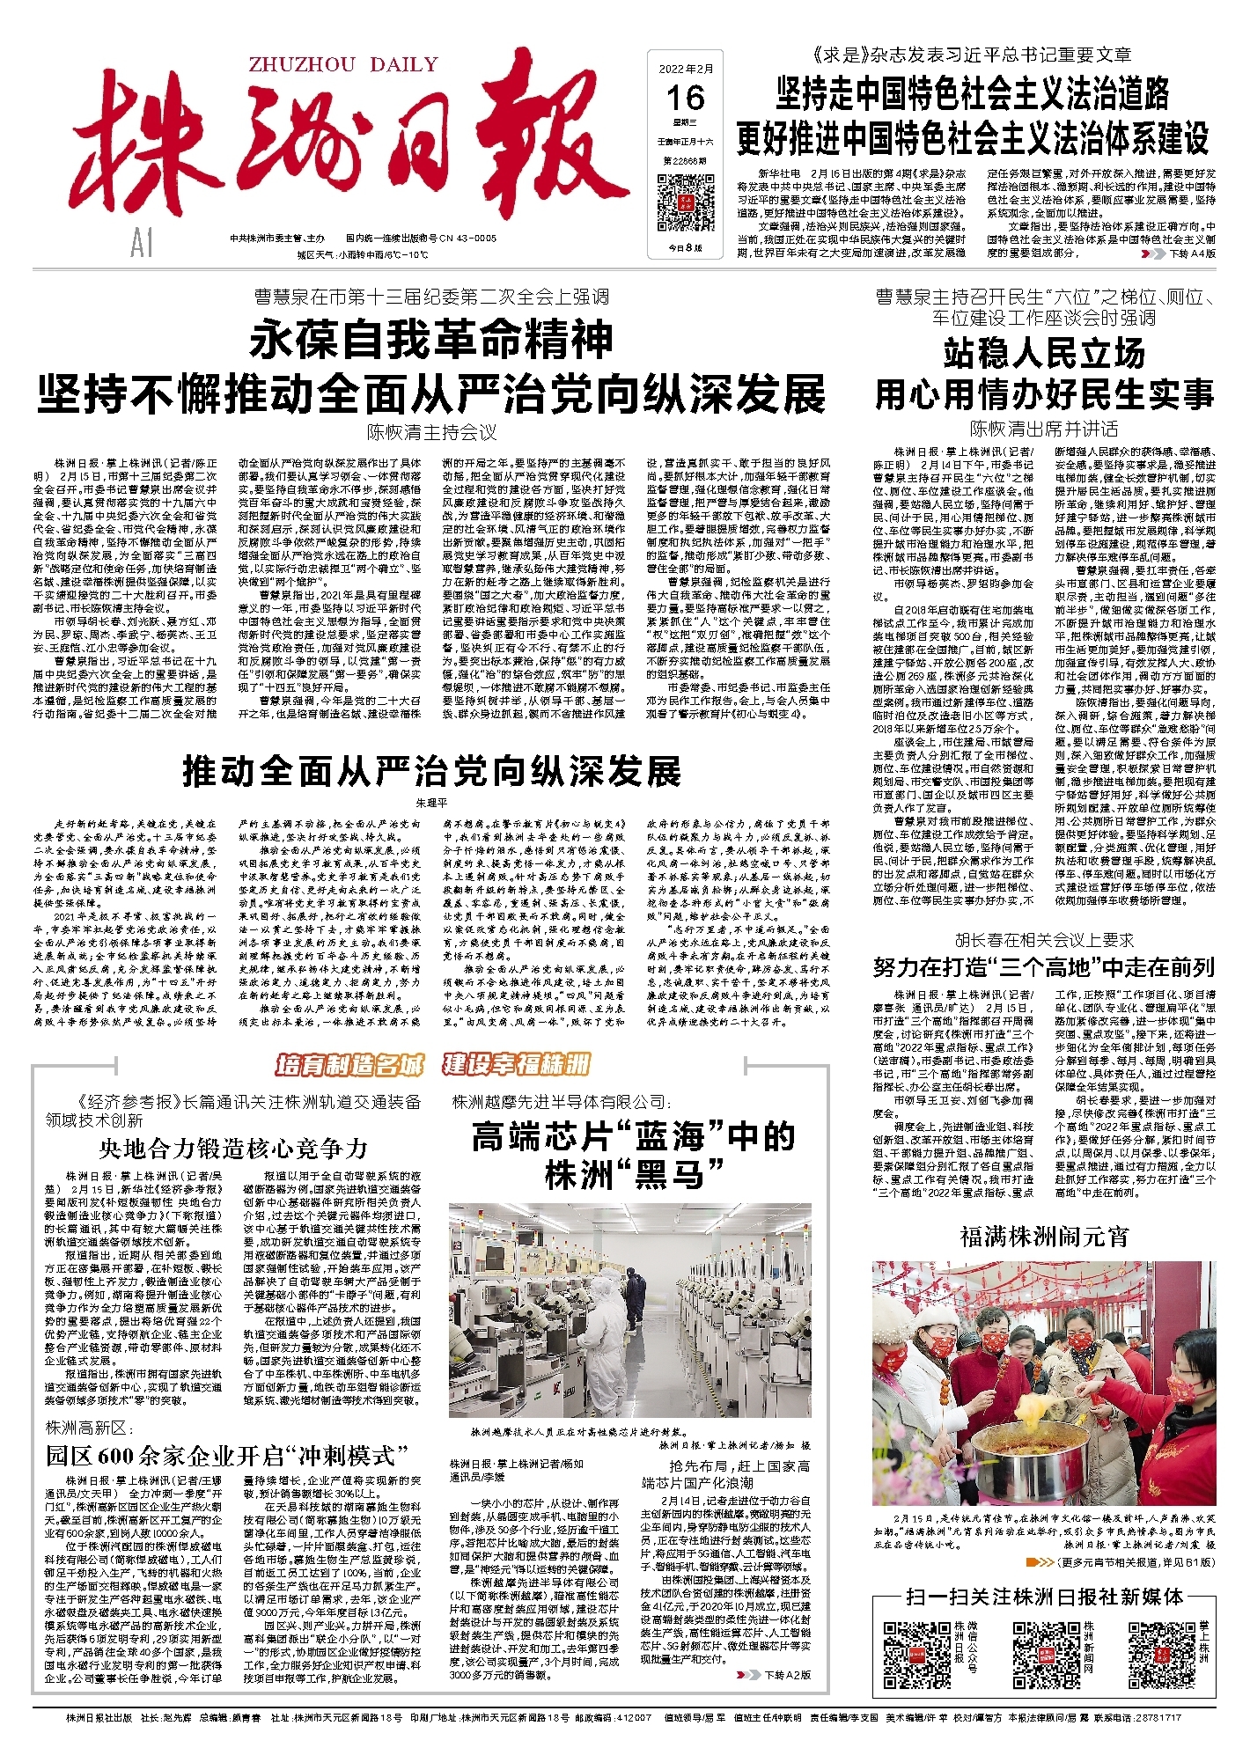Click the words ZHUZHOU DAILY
pos(343,64)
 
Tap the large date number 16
pos(686,98)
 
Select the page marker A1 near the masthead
pos(141,244)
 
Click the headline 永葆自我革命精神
pos(431,341)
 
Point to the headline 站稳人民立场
pos(1044,354)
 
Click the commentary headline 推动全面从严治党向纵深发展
pos(431,771)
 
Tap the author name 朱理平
pos(431,804)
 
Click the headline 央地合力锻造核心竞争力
pos(233,1148)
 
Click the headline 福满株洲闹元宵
pos(1044,1237)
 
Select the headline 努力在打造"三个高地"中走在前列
pos(1044,968)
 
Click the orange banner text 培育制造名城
pos(350,1065)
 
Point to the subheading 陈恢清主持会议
pos(431,433)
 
